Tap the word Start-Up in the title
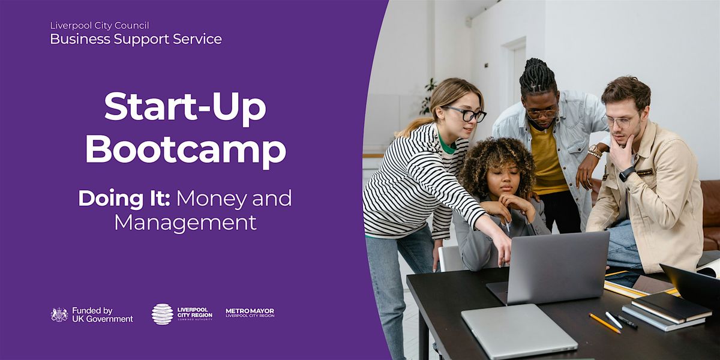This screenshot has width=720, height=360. [185, 107]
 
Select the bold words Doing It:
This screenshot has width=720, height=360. [124, 199]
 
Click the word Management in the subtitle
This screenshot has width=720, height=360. [185, 223]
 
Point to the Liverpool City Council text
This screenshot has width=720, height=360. [100, 25]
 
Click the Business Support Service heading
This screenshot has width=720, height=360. [136, 39]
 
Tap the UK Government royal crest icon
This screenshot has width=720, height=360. [59, 314]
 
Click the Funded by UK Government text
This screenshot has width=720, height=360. [102, 315]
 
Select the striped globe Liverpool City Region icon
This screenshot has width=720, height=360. [163, 314]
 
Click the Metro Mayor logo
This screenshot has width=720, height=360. [250, 313]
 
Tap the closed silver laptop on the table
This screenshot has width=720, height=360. [519, 332]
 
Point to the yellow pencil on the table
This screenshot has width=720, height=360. [605, 323]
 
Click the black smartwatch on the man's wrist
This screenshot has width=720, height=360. [627, 174]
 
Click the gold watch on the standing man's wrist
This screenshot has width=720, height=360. [595, 151]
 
